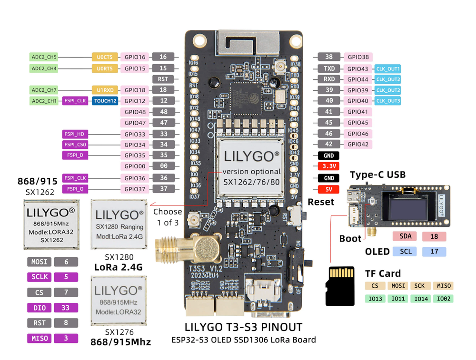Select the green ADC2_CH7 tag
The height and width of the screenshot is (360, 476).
point(44,90)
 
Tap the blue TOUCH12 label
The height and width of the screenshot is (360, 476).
point(105,101)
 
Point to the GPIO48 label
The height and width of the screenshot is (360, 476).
point(135,112)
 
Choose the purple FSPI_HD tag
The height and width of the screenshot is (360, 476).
point(75,134)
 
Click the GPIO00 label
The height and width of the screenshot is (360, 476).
point(135,166)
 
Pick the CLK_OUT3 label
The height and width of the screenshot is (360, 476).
point(387,101)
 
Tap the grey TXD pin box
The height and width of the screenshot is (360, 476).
point(329,68)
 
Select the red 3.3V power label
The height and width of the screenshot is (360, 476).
point(328,166)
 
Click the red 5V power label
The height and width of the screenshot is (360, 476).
point(328,189)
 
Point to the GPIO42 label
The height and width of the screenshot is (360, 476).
point(358,144)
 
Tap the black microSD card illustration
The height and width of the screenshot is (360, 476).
point(339,286)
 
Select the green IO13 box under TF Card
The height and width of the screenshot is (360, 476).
point(375,299)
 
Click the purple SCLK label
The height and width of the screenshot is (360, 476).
point(40,277)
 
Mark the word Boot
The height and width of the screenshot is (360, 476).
point(350,238)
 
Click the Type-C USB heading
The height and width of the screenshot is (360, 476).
point(377,175)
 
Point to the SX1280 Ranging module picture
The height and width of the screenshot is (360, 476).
point(119,224)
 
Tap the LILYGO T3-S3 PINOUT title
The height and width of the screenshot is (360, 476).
point(243,327)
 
